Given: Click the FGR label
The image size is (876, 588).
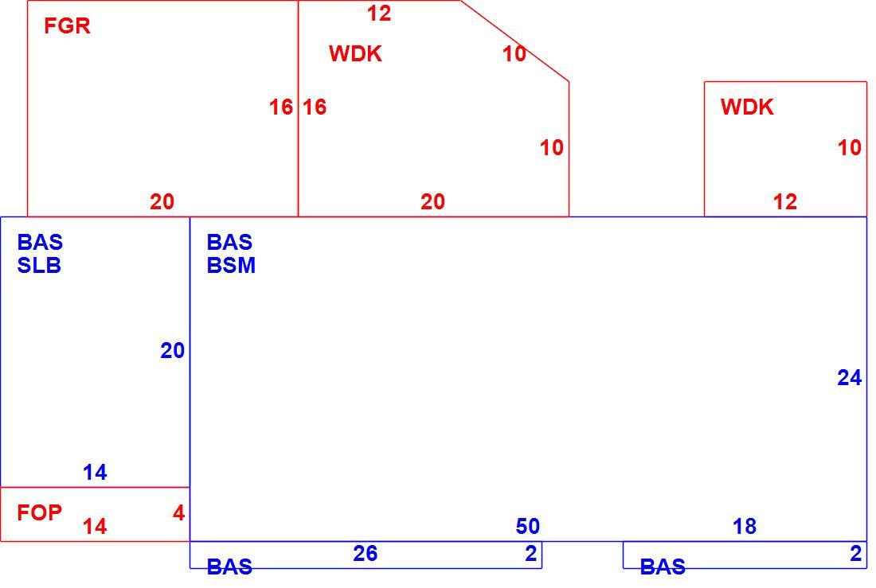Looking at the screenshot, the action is pos(67,25).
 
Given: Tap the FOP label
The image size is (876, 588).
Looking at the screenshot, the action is pos(39,512).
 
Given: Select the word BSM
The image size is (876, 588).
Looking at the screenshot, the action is pos(231,265).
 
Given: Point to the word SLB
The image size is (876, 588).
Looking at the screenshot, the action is pos(39,265).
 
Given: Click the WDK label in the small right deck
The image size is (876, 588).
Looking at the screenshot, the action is pos(747,107).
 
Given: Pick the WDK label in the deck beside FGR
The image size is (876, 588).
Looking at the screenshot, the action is pos(355,53).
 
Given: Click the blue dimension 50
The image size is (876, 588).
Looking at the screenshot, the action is pos(527,526).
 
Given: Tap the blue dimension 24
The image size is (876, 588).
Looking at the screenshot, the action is pos(849,378).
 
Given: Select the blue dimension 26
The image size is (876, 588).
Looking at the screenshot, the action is pos(366,553).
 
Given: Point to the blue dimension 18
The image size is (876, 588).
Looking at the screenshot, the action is pos(744,526).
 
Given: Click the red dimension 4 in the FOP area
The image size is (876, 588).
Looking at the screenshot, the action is pos(178,512).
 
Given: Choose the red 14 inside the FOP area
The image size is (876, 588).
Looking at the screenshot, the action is pos(95,526).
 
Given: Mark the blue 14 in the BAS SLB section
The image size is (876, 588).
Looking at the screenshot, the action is pos(95,473).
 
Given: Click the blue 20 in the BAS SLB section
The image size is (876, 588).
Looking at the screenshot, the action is pos(172,351).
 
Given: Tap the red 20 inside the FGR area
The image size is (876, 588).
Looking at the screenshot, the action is pos(162,201).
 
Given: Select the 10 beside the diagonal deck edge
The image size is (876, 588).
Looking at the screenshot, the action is pos(514,53).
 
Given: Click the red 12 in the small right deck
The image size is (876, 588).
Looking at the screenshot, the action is pos(784,201).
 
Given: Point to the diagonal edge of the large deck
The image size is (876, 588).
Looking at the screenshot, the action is pos(515,41).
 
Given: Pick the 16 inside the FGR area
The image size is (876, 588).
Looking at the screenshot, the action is pos(281,107).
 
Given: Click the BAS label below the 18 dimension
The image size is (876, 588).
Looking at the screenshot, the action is pos(663,567).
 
